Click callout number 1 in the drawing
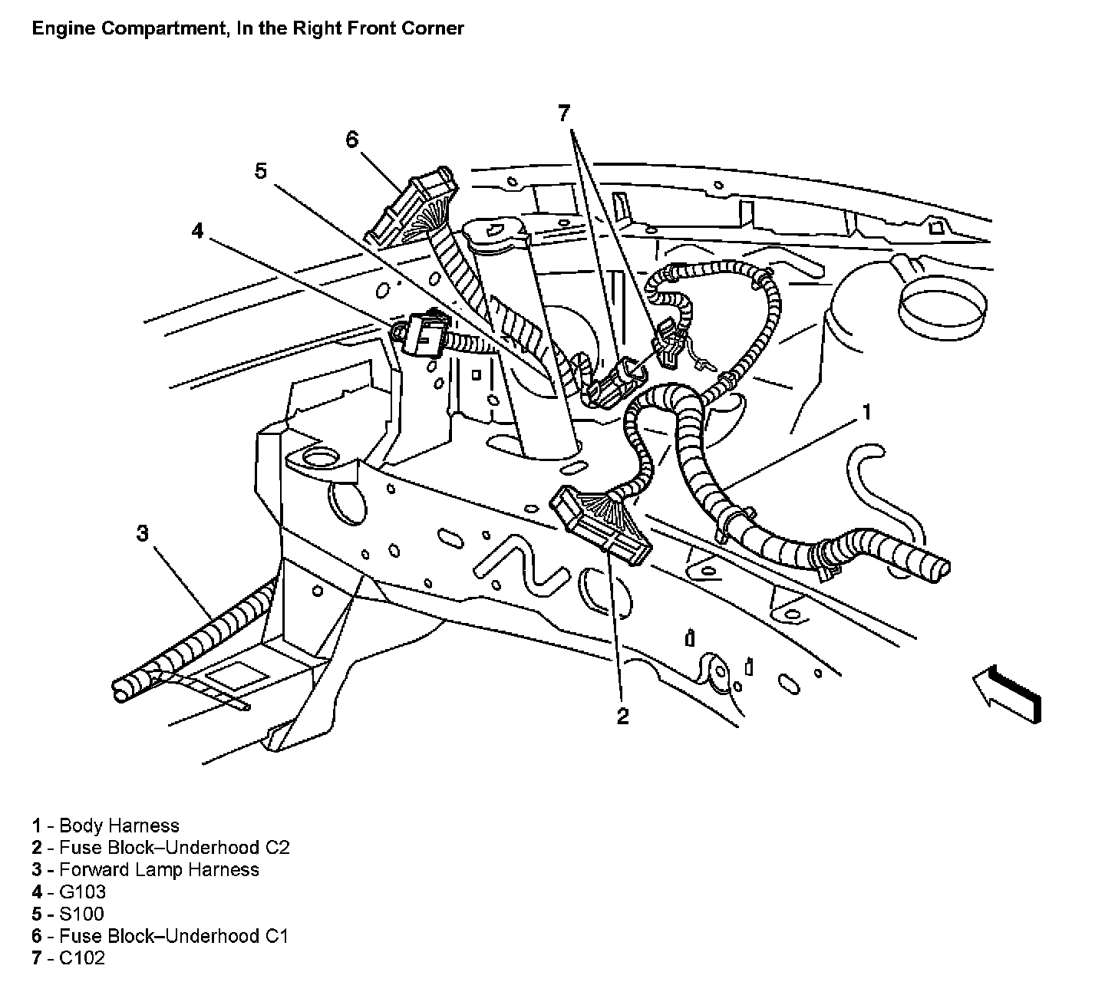(866, 413)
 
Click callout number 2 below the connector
(622, 715)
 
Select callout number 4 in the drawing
(198, 230)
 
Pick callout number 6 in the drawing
(351, 140)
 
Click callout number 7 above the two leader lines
(565, 114)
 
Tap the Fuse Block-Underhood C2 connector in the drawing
(601, 524)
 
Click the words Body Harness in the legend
(119, 825)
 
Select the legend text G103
(82, 891)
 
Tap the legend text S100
(81, 914)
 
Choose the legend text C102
(81, 957)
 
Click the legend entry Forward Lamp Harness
(159, 869)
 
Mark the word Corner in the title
(437, 29)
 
